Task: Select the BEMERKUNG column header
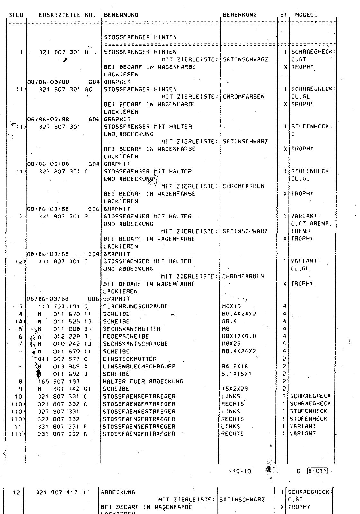pyautogui.click(x=240, y=15)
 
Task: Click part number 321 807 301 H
pyautogui.click(x=64, y=52)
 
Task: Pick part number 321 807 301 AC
pyautogui.click(x=65, y=89)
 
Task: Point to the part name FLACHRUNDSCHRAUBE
pyautogui.click(x=135, y=306)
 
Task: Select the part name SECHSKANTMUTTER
pyautogui.click(x=132, y=329)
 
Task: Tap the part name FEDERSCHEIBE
pyautogui.click(x=126, y=336)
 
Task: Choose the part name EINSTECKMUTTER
pyautogui.click(x=130, y=359)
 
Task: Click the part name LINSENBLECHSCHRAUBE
pyautogui.click(x=139, y=367)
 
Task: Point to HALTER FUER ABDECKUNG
pyautogui.click(x=143, y=381)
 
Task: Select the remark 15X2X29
pyautogui.click(x=235, y=389)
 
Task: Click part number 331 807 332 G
pyautogui.click(x=63, y=434)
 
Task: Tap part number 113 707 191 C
pyautogui.click(x=63, y=306)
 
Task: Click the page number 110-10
pyautogui.click(x=240, y=472)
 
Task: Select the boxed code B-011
pyautogui.click(x=317, y=471)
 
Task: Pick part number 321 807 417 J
pyautogui.click(x=60, y=492)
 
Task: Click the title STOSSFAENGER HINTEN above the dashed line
pyautogui.click(x=140, y=37)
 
